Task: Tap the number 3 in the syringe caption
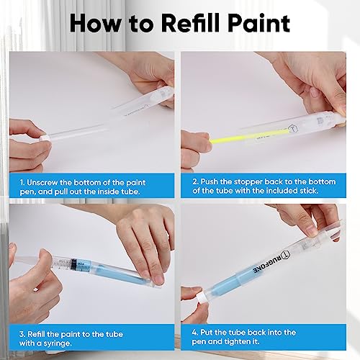[22, 332]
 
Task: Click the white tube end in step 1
[45, 135]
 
